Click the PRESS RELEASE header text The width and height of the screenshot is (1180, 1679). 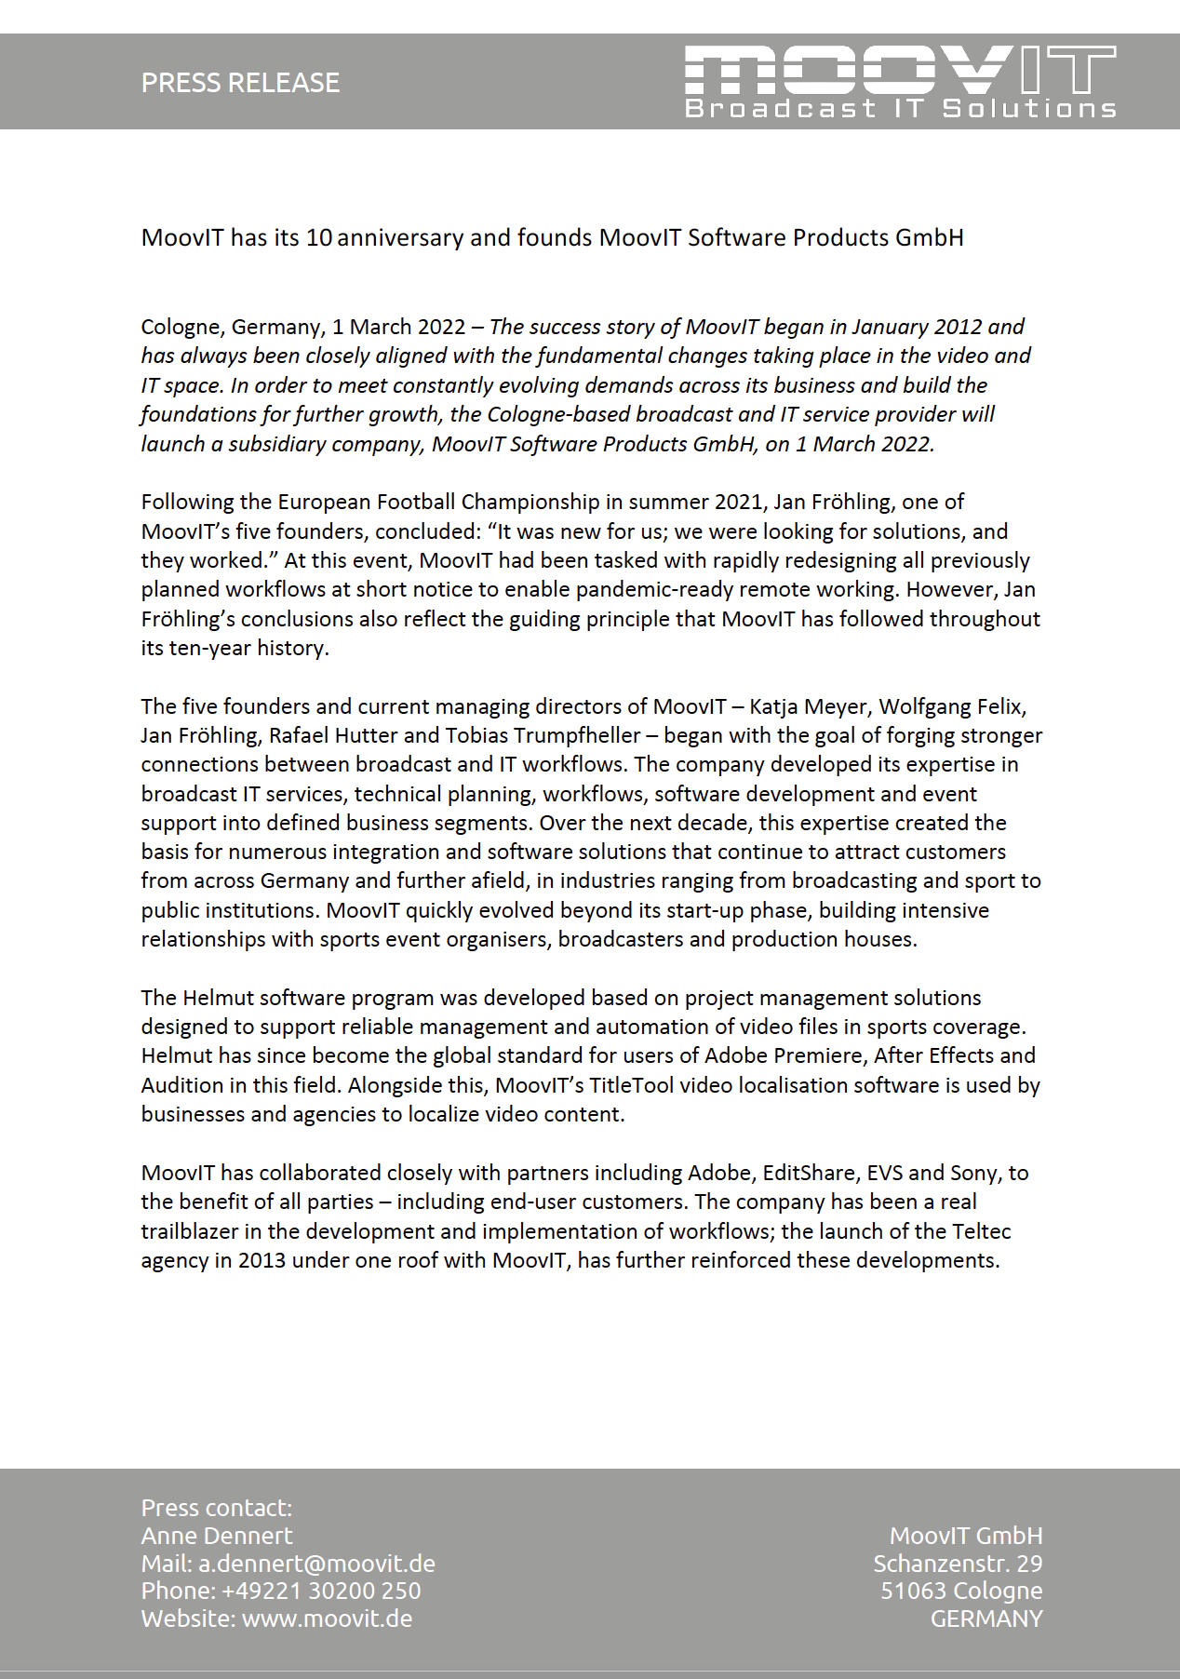[240, 83]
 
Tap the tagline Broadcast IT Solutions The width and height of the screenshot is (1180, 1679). [899, 109]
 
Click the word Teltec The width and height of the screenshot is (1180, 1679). [981, 1231]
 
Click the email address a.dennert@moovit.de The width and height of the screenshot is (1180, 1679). [316, 1564]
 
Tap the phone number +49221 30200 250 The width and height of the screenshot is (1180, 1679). [321, 1591]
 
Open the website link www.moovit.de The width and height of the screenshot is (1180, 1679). [327, 1619]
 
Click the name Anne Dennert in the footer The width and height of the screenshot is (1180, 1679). [217, 1536]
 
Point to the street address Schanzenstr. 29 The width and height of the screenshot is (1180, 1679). [958, 1564]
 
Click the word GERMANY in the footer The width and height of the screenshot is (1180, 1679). [986, 1619]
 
